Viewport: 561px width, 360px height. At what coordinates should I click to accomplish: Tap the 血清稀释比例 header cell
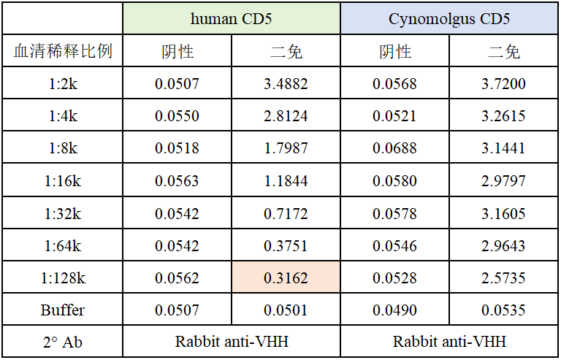63,52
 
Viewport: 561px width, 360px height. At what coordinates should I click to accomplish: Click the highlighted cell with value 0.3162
286,278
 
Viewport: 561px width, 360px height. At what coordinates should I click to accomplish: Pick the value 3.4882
286,84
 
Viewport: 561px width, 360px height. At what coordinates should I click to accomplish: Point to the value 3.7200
503,84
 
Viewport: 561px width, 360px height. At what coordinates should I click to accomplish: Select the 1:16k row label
63,181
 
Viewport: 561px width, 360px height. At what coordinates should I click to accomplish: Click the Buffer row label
63,310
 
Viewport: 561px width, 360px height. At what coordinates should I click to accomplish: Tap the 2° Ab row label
63,342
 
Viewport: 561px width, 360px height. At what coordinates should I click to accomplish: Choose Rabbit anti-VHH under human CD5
232,342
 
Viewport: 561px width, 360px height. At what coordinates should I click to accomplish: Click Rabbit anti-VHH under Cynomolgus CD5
449,342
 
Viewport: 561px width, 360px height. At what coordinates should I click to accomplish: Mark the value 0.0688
394,149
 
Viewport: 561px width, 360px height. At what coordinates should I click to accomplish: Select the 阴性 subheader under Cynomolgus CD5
394,52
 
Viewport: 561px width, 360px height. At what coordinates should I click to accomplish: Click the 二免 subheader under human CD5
286,52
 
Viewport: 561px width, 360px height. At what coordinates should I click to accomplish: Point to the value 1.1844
286,181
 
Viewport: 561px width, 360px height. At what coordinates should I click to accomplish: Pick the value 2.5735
503,278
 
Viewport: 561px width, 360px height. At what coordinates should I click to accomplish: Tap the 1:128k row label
63,278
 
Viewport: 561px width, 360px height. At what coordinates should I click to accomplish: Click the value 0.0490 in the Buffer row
394,310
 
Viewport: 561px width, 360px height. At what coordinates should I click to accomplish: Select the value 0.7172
286,213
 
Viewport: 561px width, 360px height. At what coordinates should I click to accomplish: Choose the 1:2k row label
63,84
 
